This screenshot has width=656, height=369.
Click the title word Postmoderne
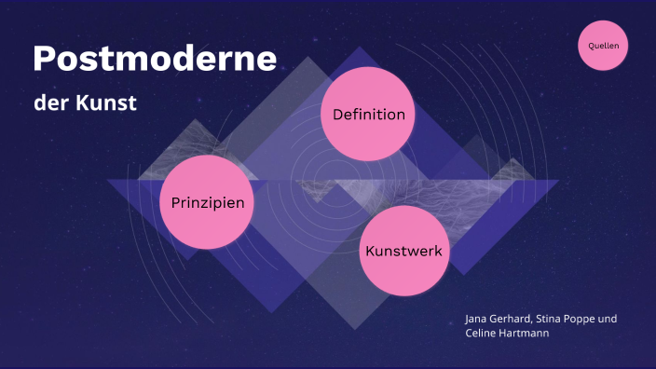click(x=155, y=60)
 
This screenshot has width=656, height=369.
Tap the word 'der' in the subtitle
click(x=50, y=102)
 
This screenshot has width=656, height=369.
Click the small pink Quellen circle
click(x=604, y=45)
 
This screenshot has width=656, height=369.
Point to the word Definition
click(x=368, y=115)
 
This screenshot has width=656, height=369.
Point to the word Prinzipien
click(x=208, y=202)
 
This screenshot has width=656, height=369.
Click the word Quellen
click(x=604, y=45)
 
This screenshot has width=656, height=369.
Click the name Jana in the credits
click(x=476, y=319)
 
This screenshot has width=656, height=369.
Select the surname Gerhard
click(x=512, y=319)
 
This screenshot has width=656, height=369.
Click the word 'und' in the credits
click(x=608, y=319)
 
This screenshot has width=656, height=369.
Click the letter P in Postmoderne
click(x=43, y=60)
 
